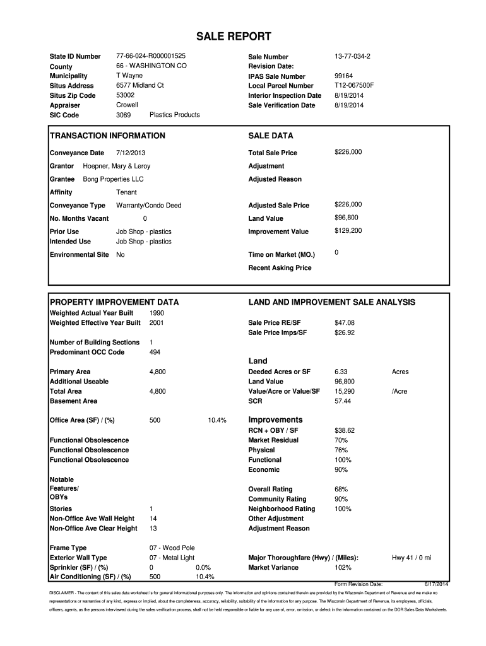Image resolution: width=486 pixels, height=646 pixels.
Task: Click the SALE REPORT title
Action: [242, 36]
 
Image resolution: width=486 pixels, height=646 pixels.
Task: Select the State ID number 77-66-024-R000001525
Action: [151, 56]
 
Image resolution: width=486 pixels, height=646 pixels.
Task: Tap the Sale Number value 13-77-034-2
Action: [352, 56]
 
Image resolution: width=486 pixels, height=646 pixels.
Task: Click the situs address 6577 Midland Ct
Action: [140, 85]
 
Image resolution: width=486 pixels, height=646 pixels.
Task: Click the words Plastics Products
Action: [174, 115]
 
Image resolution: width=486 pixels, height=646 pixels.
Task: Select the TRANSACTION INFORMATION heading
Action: [107, 136]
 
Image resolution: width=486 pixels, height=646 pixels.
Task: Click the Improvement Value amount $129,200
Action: [348, 231]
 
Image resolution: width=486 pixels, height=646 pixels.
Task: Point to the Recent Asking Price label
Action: [280, 267]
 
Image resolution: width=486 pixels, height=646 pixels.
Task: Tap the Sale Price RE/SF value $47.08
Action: [345, 322]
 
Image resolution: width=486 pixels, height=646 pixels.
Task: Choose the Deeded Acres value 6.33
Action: [341, 372]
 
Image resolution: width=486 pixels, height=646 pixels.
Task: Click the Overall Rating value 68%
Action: [341, 489]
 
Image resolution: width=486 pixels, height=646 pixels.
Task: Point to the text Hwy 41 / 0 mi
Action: [412, 558]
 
